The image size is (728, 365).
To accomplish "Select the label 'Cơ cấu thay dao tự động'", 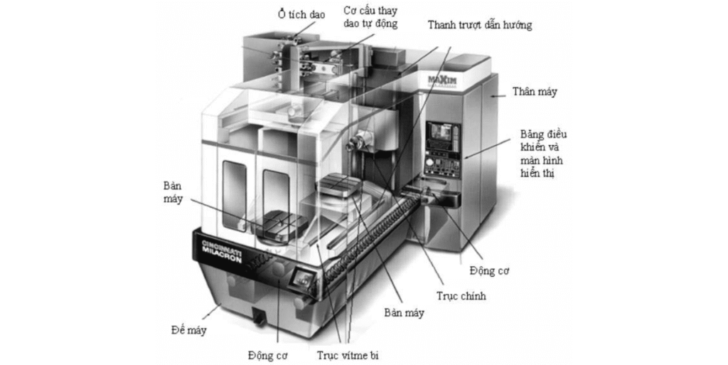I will click(370, 17).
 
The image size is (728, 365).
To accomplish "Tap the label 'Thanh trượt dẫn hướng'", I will click(479, 25).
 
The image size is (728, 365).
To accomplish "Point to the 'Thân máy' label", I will click(535, 92).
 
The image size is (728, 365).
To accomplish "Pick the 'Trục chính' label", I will click(461, 296).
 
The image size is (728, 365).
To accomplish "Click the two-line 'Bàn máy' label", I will click(172, 192).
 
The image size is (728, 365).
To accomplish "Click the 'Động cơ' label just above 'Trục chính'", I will click(490, 271).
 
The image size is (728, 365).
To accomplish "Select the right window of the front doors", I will click(277, 199).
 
